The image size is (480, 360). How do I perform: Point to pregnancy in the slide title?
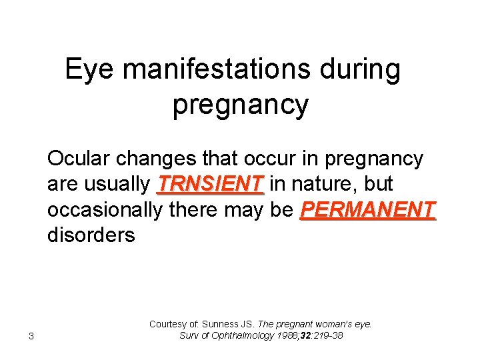(x=240, y=105)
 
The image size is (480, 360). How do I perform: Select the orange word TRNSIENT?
(x=210, y=184)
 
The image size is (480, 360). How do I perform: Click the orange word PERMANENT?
(x=368, y=209)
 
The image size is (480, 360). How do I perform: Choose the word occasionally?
(x=104, y=209)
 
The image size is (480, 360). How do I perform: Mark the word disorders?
(x=91, y=235)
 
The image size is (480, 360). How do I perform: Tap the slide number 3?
(x=31, y=335)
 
